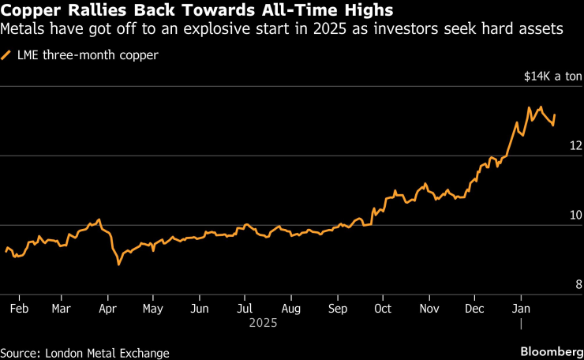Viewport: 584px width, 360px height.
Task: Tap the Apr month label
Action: coord(108,308)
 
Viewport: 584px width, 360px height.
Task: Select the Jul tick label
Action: coord(245,308)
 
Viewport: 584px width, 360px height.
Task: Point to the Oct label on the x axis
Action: coord(384,308)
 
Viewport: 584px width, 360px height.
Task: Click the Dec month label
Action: coord(475,308)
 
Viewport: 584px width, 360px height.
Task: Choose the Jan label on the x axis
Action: coord(521,308)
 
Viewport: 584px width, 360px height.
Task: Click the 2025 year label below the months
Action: coord(262,322)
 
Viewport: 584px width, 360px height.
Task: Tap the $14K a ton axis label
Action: coord(552,77)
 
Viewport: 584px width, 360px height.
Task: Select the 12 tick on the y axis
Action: coord(575,145)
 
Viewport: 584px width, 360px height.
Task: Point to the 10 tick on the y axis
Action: coord(575,215)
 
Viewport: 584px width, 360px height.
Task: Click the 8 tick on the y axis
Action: coord(578,284)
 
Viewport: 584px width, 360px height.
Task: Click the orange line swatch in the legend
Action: coord(7,55)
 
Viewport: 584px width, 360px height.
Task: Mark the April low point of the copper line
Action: coord(118,264)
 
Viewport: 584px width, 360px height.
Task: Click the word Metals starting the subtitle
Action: coord(22,30)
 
